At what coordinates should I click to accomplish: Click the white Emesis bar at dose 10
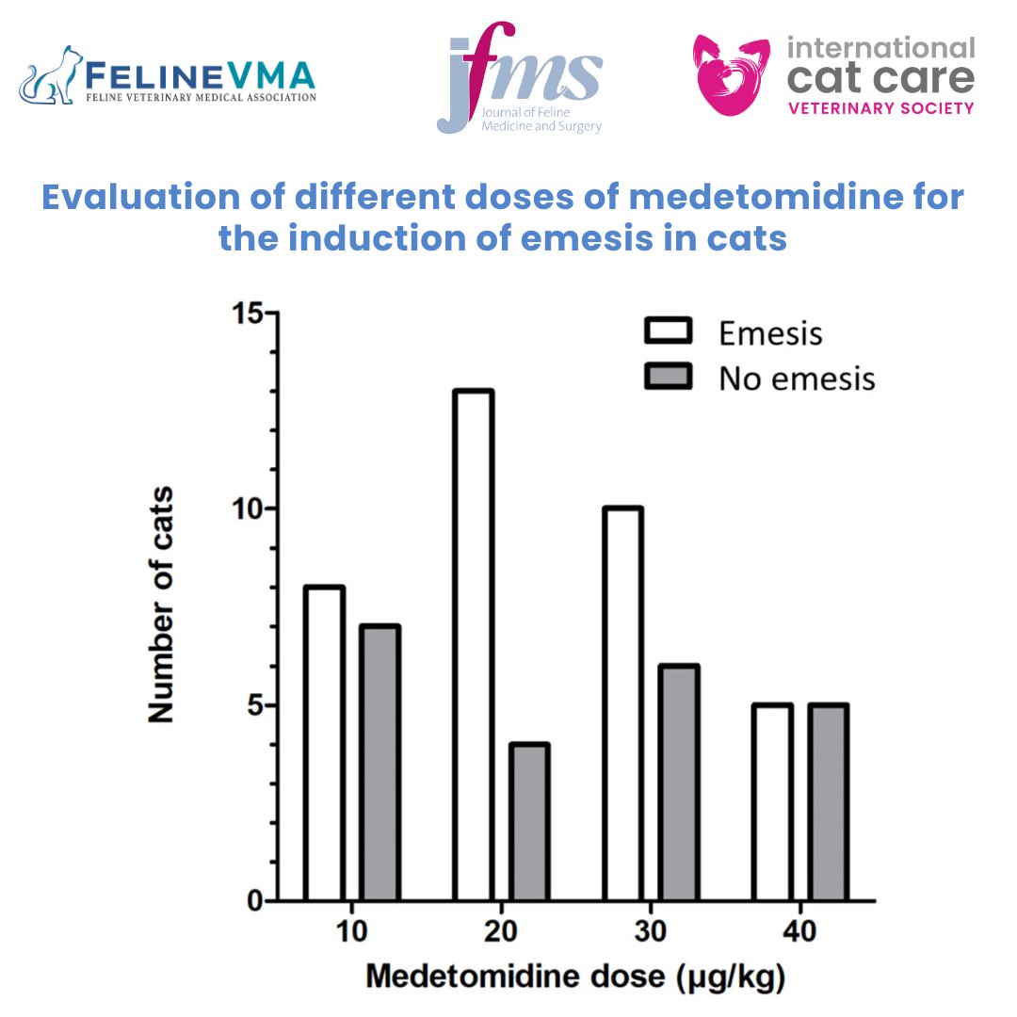[324, 743]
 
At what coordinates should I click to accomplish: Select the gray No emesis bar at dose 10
[379, 763]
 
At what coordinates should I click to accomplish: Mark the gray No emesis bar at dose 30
[677, 783]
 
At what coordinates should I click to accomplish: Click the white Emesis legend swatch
[668, 331]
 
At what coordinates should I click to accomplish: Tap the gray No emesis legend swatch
[668, 377]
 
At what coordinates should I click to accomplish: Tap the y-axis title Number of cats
[161, 604]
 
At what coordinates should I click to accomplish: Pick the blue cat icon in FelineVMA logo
[52, 75]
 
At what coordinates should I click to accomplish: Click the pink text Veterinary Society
[880, 108]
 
